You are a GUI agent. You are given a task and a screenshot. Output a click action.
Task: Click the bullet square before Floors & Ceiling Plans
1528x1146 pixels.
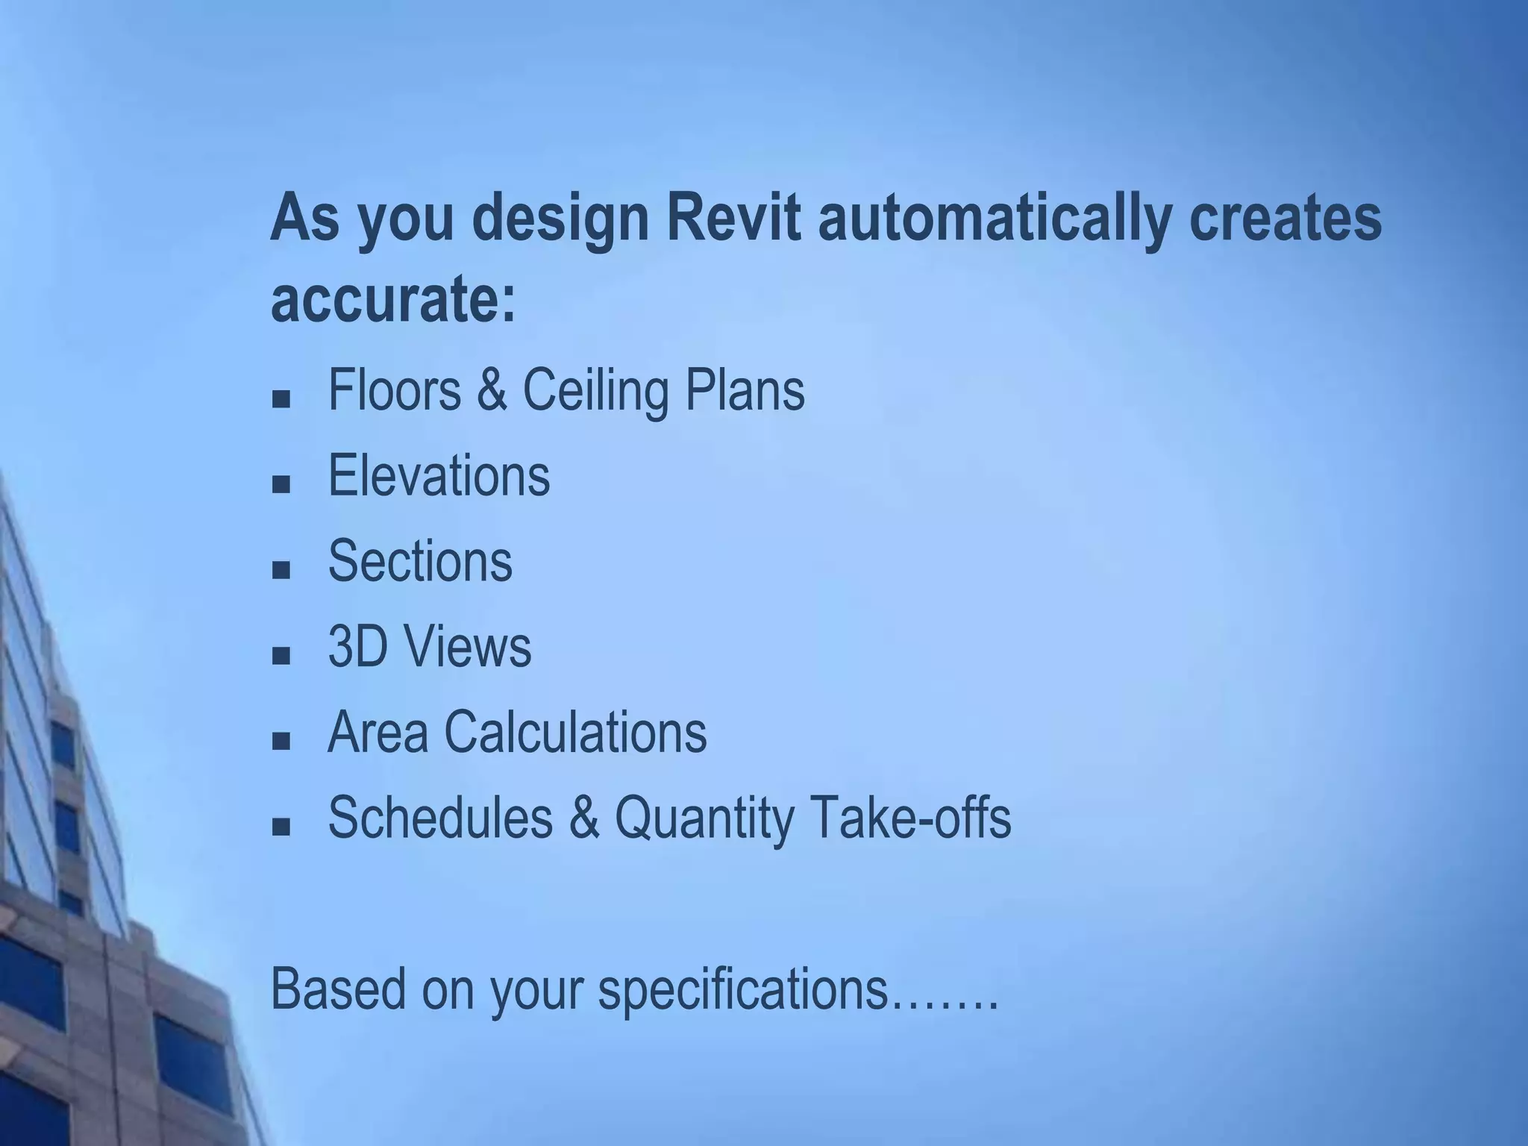281,399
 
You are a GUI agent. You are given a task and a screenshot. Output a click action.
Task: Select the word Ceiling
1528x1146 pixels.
595,391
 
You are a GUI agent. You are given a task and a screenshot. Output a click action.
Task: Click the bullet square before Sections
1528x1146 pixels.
281,571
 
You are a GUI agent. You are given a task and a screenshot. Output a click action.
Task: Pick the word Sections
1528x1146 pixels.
420,561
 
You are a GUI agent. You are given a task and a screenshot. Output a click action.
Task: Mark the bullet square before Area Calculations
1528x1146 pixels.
281,742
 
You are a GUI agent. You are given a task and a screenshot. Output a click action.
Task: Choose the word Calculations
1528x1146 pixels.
575,732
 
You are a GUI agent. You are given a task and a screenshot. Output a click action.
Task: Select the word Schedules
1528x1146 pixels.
440,817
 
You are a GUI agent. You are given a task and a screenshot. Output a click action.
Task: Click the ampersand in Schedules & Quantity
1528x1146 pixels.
583,818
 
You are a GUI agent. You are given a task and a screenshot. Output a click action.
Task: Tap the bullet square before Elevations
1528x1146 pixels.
281,485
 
